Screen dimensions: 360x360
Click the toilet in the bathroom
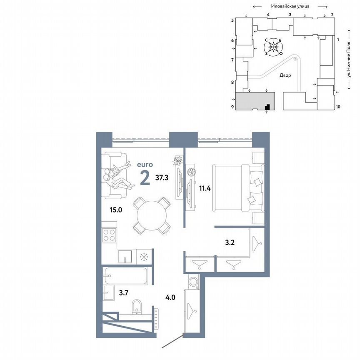pos(136,307)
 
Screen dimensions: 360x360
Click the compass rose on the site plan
pos(273,48)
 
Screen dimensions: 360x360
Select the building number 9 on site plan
pos(232,107)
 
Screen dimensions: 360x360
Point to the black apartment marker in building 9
pos(268,107)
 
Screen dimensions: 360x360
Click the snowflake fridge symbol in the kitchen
pos(143,256)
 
